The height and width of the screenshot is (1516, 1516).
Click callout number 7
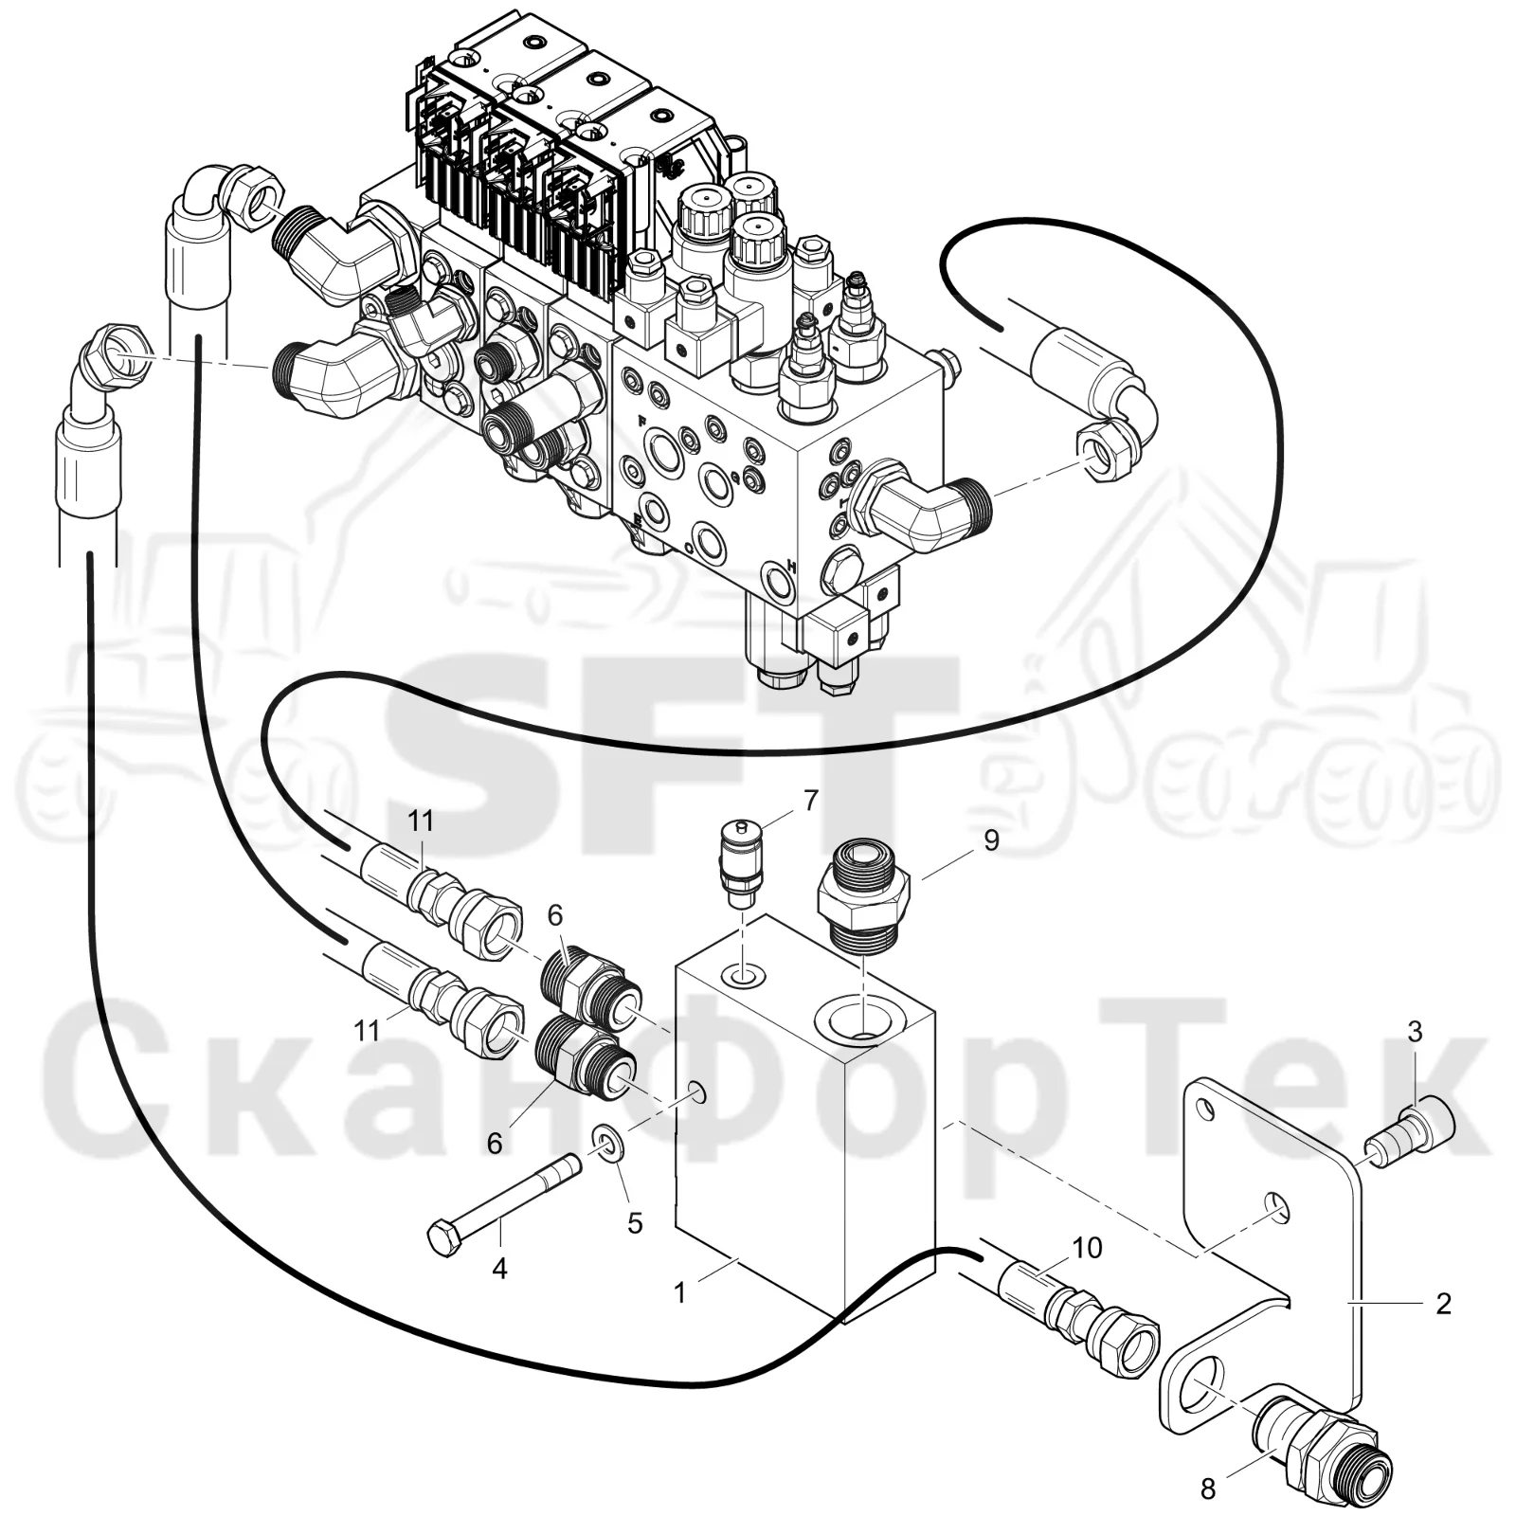(810, 801)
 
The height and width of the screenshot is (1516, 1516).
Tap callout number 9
(991, 840)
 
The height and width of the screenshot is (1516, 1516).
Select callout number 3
(1415, 1032)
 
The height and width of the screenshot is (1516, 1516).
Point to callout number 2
(1443, 1304)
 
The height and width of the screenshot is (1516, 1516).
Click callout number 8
(1208, 1489)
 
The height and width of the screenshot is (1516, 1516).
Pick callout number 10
(1089, 1248)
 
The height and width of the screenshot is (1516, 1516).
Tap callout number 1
(679, 1291)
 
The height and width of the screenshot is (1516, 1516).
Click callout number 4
(499, 1268)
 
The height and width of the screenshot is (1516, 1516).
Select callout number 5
(635, 1223)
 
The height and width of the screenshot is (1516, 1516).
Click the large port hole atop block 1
(857, 1020)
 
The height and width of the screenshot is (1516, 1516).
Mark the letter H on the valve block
(791, 568)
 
